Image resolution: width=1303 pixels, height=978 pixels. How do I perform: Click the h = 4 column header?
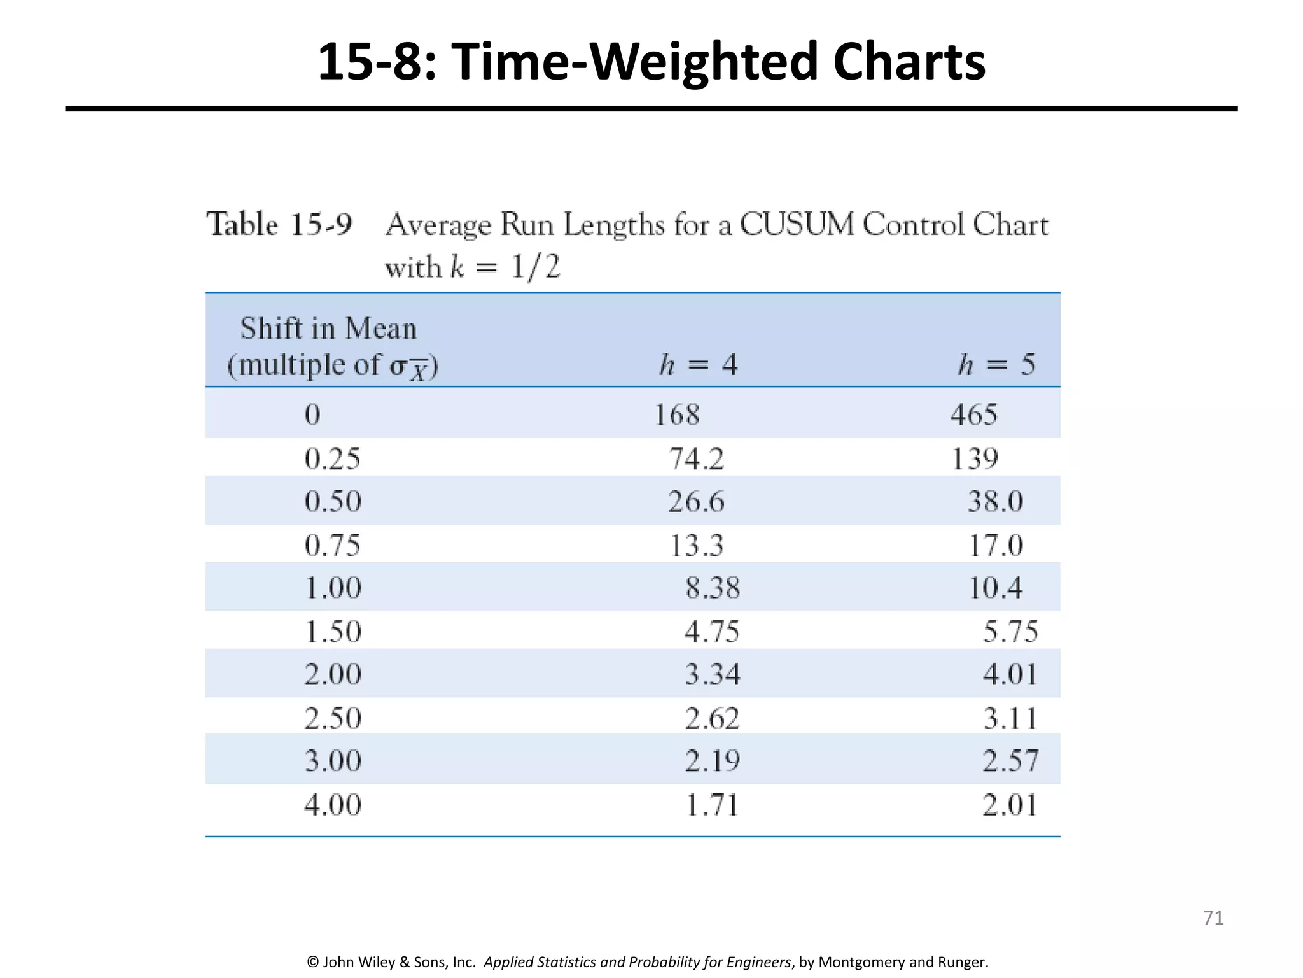(x=698, y=365)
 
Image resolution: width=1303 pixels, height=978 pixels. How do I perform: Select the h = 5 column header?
(x=996, y=365)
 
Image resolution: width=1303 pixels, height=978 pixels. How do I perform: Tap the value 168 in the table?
(x=677, y=415)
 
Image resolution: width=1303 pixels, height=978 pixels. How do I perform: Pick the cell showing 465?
(x=973, y=415)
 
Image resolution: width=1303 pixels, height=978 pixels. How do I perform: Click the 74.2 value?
(x=697, y=459)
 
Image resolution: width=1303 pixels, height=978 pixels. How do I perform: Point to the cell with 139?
(x=974, y=459)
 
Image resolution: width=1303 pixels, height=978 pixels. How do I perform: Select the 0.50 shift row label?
(x=333, y=502)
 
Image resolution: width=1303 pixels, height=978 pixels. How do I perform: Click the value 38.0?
(x=995, y=502)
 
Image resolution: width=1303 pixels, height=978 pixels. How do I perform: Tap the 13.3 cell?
(x=697, y=546)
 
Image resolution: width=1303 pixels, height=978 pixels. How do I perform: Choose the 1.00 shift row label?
(x=333, y=588)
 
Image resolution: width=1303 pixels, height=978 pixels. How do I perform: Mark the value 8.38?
(x=713, y=588)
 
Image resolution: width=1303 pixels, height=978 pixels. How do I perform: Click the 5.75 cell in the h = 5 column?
(x=1010, y=632)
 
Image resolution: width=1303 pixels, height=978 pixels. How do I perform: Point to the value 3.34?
(x=713, y=674)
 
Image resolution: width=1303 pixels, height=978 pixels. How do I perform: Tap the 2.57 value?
(x=1010, y=761)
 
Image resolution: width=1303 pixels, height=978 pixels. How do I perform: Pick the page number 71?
(x=1213, y=918)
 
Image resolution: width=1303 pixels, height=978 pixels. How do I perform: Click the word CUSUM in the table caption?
(x=797, y=225)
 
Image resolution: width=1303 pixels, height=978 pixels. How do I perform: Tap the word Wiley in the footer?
(x=377, y=962)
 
